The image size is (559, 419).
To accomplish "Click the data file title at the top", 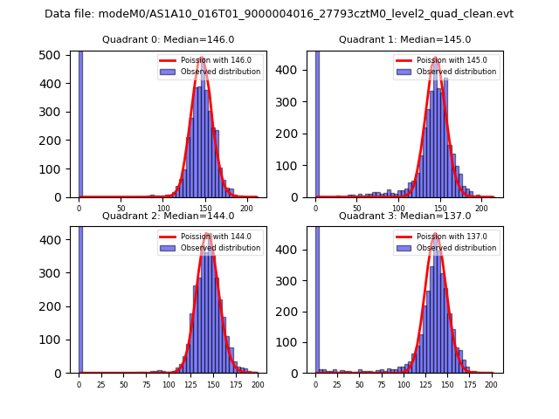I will point(279,14).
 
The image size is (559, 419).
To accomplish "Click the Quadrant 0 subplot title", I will point(169,39).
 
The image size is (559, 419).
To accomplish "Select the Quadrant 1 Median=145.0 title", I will point(405,39).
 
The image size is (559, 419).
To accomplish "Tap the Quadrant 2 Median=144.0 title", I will point(169,216).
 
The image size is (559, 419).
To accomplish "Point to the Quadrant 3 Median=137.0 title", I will point(405,216).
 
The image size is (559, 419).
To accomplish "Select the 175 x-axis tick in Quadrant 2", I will point(234,384).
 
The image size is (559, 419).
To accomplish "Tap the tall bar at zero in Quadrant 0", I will point(80,122).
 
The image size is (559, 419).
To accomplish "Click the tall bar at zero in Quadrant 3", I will point(317,297).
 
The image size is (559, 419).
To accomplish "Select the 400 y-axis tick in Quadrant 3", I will point(296,250).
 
